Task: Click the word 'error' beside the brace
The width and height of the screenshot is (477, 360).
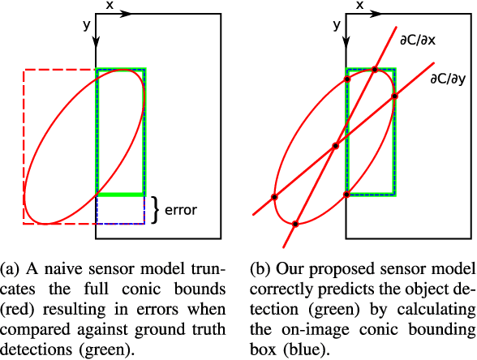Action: (x=181, y=209)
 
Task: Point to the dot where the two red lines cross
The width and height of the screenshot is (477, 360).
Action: (x=335, y=147)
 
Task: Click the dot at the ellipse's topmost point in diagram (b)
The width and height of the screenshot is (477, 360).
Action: (x=375, y=70)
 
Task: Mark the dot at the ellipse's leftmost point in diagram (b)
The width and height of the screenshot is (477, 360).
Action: (x=274, y=196)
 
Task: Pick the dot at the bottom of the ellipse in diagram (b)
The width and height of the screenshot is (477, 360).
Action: (x=295, y=224)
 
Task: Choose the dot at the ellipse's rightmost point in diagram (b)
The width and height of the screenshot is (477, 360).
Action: (x=395, y=96)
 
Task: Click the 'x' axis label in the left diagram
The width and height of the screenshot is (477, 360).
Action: (x=110, y=5)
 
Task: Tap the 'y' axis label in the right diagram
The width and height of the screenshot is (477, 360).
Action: (x=334, y=25)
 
